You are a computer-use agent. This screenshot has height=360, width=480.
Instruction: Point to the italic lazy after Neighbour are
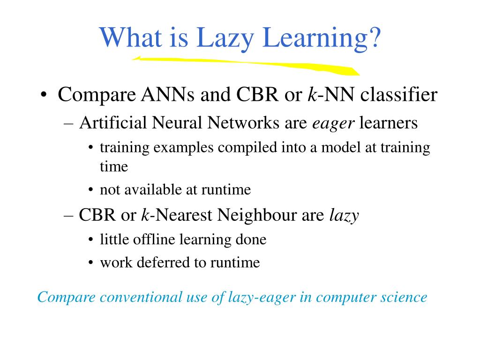coord(344,215)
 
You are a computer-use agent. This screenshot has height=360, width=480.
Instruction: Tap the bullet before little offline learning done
coord(90,240)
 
